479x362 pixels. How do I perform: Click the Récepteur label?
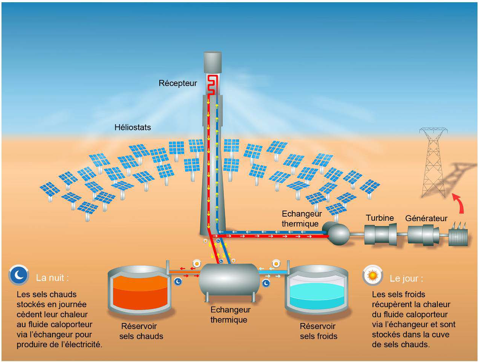coord(177,83)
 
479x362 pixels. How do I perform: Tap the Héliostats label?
coord(133,127)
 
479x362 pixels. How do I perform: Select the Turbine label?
coord(380,218)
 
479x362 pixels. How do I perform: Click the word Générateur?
coord(426,218)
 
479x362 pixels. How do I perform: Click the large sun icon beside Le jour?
coord(373,275)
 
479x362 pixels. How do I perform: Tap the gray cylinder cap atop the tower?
coord(213,62)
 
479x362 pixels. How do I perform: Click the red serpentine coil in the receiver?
coord(212,85)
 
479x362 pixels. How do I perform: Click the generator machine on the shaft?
coord(423,235)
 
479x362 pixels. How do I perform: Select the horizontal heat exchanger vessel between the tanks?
coord(229,280)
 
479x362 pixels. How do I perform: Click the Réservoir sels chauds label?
coord(141,331)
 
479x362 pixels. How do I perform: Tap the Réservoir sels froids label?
coord(319,331)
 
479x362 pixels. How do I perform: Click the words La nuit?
coord(52,278)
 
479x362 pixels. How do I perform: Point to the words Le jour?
coord(406,279)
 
